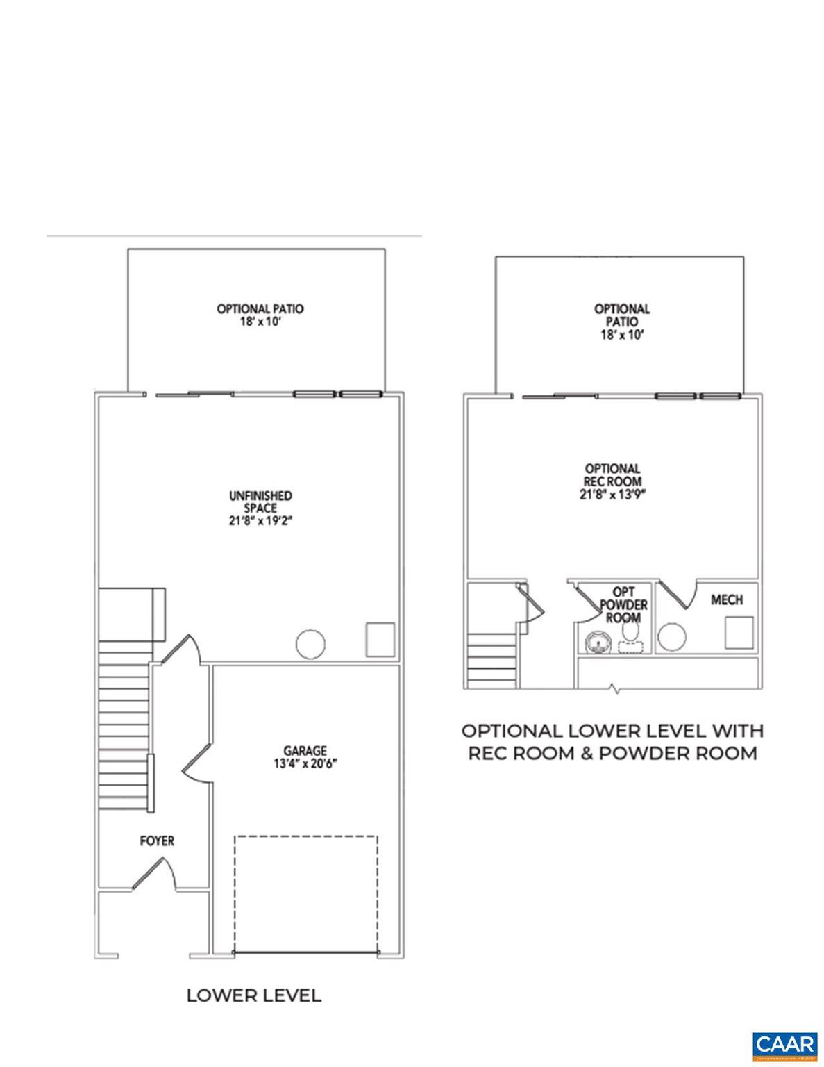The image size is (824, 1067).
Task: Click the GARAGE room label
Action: tap(305, 750)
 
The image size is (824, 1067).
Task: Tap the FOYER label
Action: tap(157, 841)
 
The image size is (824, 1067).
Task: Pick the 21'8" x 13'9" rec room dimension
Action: tap(612, 495)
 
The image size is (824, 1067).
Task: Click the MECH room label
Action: tap(727, 599)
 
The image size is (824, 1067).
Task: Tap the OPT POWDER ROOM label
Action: tap(623, 604)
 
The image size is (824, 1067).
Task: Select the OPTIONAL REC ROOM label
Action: tap(612, 475)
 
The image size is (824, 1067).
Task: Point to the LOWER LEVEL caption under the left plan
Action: tap(253, 995)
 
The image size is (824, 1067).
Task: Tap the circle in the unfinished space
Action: tap(310, 644)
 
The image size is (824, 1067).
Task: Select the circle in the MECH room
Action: tap(672, 637)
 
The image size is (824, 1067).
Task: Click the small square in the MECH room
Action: tap(739, 633)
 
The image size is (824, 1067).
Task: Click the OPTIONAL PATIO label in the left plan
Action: tap(260, 308)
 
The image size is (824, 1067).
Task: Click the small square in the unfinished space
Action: tap(380, 640)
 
